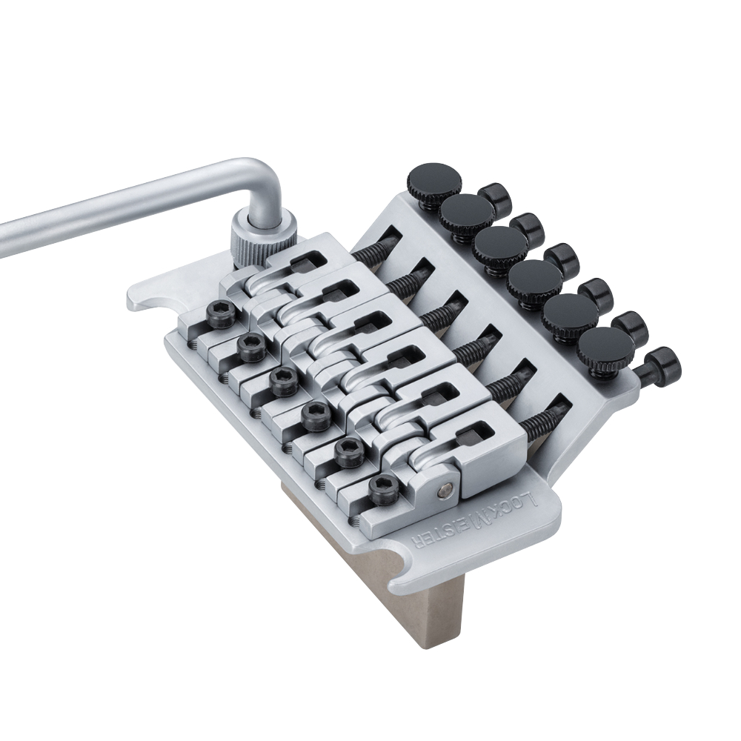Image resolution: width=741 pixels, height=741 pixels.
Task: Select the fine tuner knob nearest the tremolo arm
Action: [x=433, y=182]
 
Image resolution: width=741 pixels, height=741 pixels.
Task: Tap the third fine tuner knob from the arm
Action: [x=500, y=245]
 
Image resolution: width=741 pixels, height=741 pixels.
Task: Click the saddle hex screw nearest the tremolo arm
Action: [x=221, y=314]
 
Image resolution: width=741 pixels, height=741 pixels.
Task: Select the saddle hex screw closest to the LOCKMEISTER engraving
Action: [x=385, y=490]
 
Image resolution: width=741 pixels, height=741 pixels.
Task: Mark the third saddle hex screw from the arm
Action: [x=285, y=381]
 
